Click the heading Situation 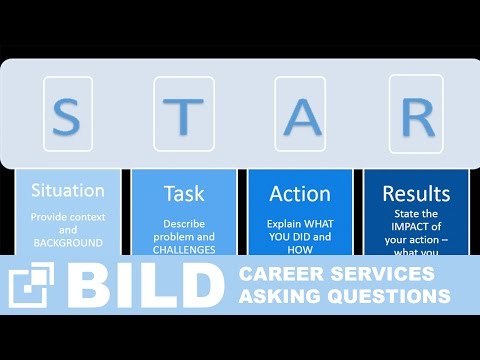coord(68,190)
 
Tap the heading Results coord(416,192)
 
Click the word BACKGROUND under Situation coord(68,243)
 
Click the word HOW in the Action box coord(300,250)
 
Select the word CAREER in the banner coord(277,275)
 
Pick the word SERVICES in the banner coord(379,275)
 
